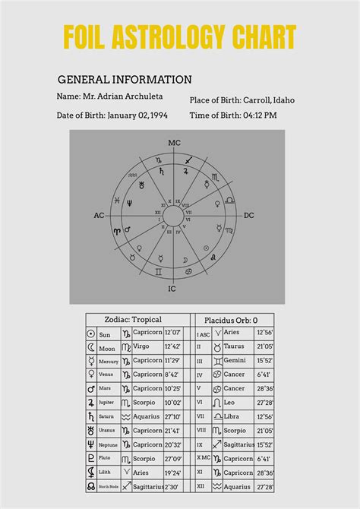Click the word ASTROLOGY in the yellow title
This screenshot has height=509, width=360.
(177, 36)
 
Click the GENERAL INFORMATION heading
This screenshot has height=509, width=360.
(125, 79)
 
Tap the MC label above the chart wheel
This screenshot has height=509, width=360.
(174, 142)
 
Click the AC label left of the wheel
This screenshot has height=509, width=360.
(99, 216)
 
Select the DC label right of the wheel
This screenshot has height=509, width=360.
(248, 216)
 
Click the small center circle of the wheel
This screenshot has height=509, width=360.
(174, 216)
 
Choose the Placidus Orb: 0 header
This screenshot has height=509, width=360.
(232, 320)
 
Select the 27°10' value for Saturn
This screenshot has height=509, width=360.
(173, 416)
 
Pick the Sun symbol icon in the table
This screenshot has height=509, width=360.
(91, 334)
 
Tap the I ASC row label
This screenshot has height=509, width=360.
(204, 334)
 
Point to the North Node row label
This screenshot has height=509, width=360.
(109, 487)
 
